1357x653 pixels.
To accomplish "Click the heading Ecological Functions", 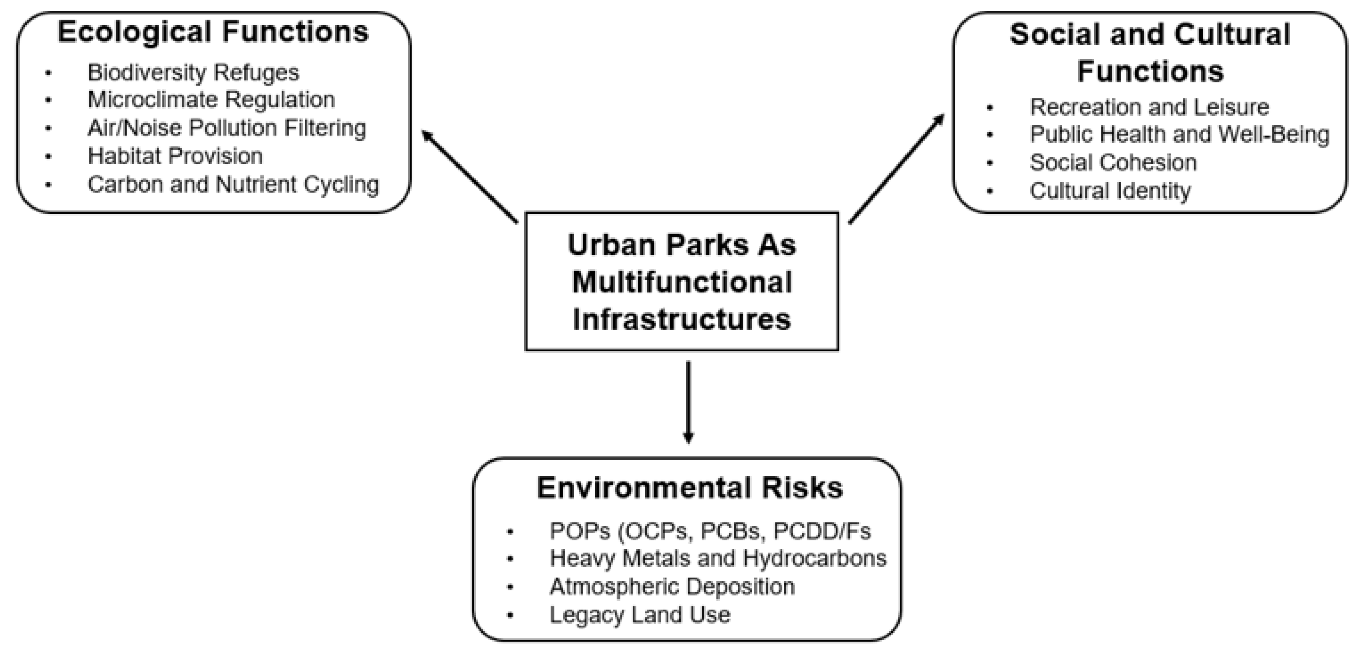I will click(x=213, y=32).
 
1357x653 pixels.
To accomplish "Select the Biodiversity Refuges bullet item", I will click(x=193, y=73).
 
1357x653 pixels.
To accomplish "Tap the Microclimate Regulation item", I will click(x=211, y=100).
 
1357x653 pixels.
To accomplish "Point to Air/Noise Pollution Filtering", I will click(x=226, y=128).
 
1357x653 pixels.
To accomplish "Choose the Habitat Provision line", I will click(x=175, y=157).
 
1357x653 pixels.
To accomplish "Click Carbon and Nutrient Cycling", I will click(x=233, y=184).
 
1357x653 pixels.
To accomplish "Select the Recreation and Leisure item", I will click(x=1149, y=107).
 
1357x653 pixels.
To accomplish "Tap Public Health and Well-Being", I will click(x=1179, y=134).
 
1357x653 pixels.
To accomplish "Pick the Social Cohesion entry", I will click(x=1113, y=162).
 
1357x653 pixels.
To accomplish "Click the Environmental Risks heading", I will click(x=690, y=488).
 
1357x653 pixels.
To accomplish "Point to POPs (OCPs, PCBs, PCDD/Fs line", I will click(x=709, y=531).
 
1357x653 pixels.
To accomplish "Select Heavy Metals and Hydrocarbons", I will click(x=717, y=559).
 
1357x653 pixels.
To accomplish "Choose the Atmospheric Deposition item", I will click(x=672, y=587).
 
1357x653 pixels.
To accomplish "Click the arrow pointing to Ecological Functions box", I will click(x=469, y=176).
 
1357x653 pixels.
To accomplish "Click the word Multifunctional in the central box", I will click(x=682, y=283).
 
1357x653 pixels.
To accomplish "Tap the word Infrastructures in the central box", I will click(x=682, y=319).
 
